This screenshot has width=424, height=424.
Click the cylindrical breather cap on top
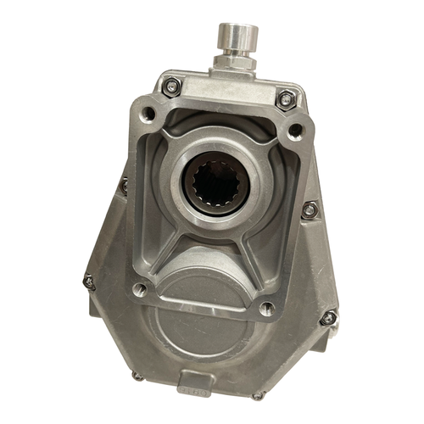(x=235, y=37)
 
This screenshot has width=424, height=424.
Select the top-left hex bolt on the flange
(x=171, y=85)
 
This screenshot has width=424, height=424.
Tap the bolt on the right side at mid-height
(x=310, y=209)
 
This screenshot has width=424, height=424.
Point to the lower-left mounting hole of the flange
(x=138, y=290)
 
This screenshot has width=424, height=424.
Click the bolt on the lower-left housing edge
(x=89, y=281)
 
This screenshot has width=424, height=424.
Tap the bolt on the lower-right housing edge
(x=327, y=318)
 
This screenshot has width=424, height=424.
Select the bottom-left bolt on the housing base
(x=137, y=376)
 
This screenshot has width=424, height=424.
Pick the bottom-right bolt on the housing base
(x=258, y=394)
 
